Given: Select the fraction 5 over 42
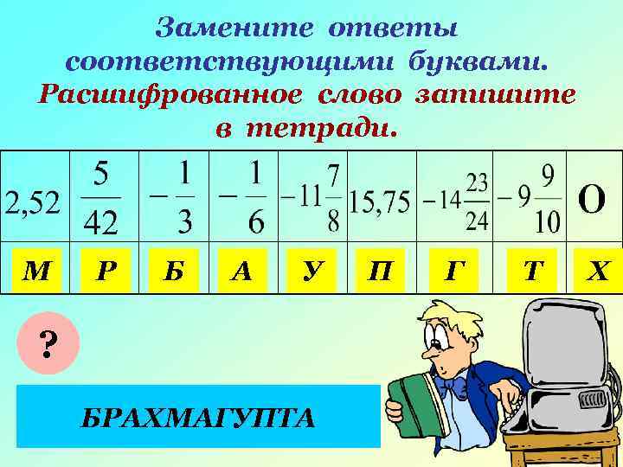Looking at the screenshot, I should coord(101,199).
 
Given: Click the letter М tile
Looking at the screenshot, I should coord(35,271).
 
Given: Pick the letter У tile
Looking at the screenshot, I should coord(310,271).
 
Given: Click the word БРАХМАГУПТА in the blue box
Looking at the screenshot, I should coord(198,419).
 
